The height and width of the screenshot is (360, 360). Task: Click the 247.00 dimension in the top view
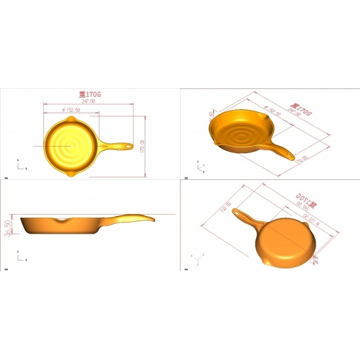click(x=89, y=101)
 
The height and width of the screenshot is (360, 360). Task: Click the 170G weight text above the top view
click(x=90, y=95)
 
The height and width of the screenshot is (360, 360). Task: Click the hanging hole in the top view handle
click(x=127, y=146)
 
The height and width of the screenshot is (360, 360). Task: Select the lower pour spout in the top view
click(x=72, y=173)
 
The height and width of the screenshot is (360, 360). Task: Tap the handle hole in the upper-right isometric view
click(x=287, y=155)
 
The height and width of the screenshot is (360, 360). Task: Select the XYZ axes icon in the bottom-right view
click(x=197, y=257)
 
